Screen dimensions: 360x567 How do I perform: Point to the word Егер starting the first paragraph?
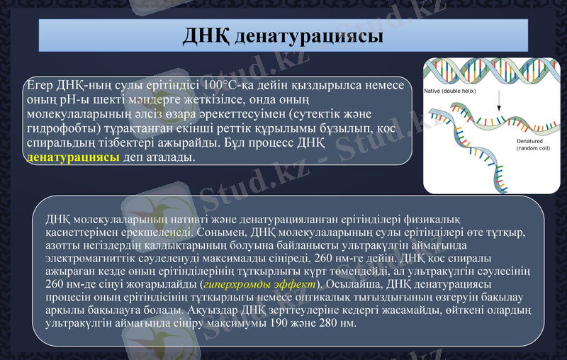tap(40, 85)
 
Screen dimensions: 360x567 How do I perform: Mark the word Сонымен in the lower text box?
tap(223, 232)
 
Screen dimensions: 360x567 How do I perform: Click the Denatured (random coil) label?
tap(518, 145)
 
